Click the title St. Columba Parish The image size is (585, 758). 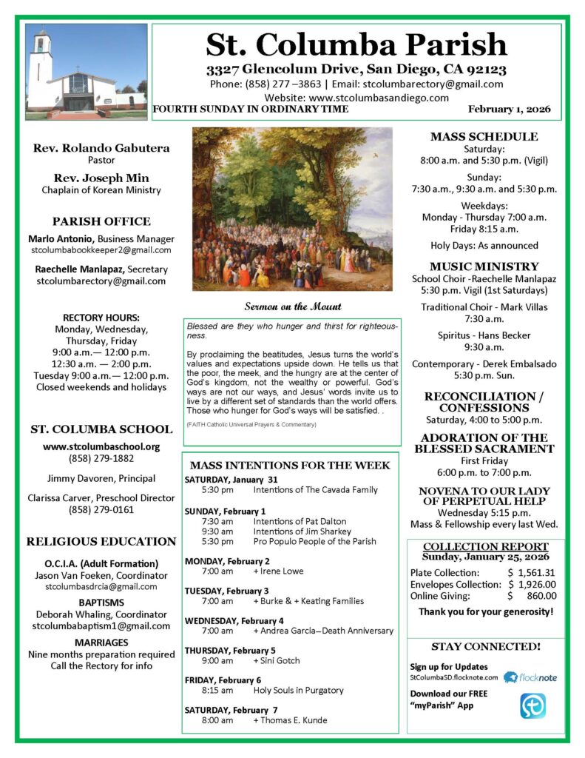tap(356, 45)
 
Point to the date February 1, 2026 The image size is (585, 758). tap(510, 110)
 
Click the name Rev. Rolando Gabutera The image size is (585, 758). tap(101, 148)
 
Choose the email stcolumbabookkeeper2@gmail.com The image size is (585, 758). tap(101, 251)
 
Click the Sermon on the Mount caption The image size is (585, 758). tap(293, 306)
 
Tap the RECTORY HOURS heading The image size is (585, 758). tap(101, 318)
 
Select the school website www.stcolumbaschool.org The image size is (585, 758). tap(101, 446)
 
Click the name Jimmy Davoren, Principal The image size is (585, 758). tap(101, 477)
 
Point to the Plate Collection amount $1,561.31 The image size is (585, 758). tap(530, 572)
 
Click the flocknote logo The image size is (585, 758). tap(530, 677)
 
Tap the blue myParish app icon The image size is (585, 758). tap(532, 705)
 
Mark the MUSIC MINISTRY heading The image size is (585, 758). tap(484, 266)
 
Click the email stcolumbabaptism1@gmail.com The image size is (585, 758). tap(101, 626)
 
